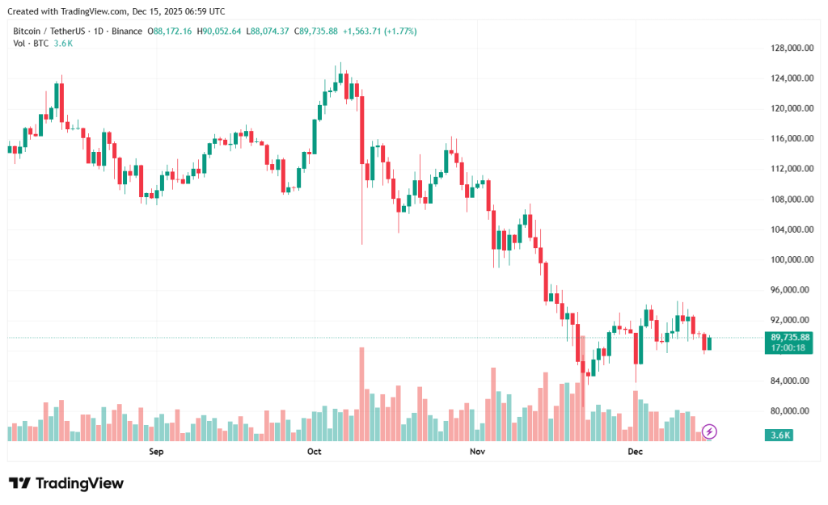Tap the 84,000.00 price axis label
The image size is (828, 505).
791,381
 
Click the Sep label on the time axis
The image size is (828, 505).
156,452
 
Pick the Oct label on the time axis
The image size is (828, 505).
315,452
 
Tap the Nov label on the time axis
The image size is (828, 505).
476,452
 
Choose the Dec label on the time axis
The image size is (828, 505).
635,452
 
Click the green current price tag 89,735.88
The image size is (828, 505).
790,337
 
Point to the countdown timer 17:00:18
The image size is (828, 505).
790,347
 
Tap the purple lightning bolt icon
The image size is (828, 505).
709,431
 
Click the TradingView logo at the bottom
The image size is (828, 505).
66,483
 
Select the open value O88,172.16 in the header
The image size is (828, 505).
170,31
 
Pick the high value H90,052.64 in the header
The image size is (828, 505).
221,31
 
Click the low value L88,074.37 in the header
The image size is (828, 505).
271,31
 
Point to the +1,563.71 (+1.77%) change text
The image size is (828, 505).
380,31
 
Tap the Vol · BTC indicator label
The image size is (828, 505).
32,43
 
